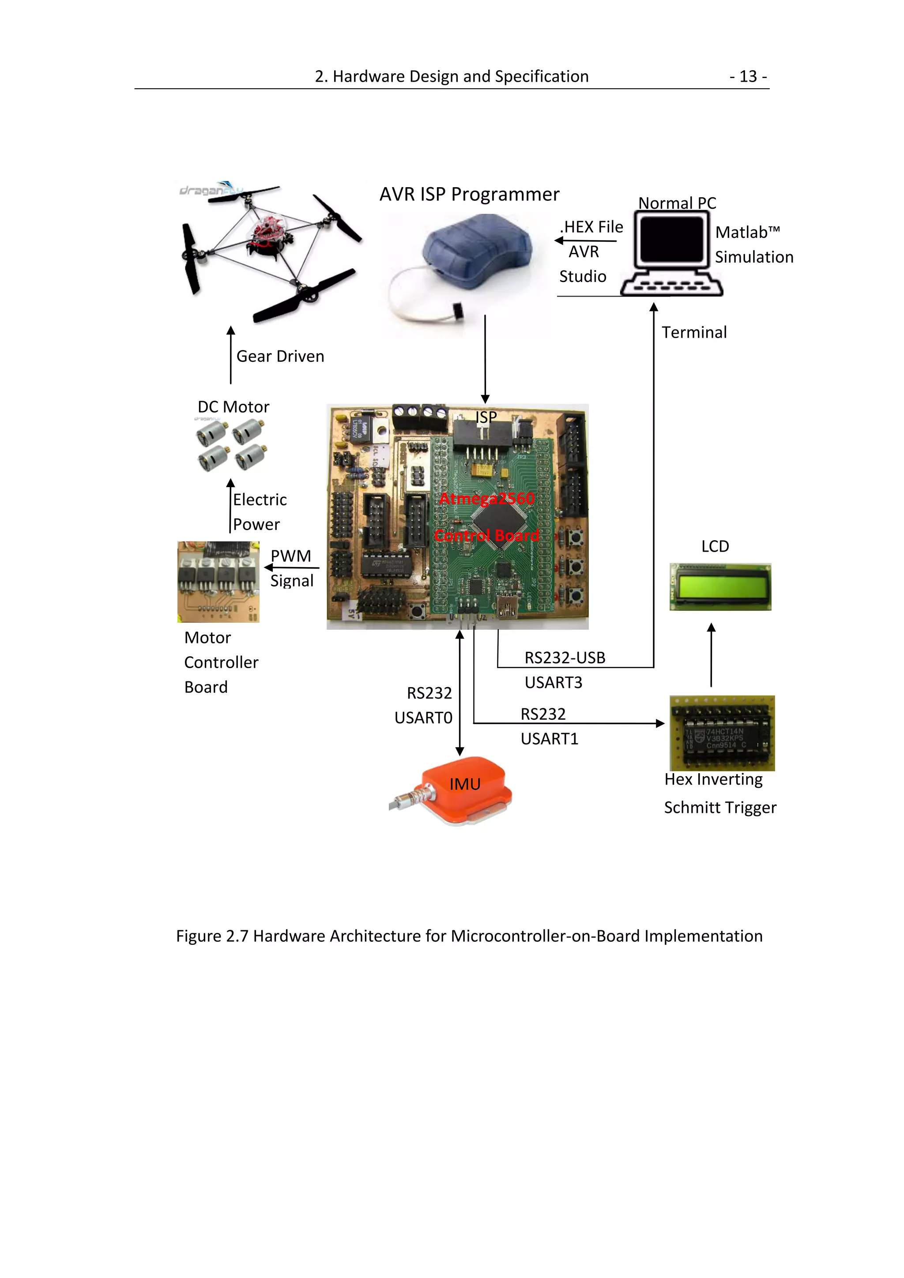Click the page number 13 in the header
click(748, 76)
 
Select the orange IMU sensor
click(465, 788)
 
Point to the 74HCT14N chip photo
click(722, 733)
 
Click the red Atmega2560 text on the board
click(486, 499)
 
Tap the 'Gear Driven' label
click(280, 356)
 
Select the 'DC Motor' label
click(233, 407)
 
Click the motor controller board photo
click(218, 582)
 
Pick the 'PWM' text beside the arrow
click(290, 556)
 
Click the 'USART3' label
click(554, 682)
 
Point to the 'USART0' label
click(423, 718)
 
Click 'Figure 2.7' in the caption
click(212, 936)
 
